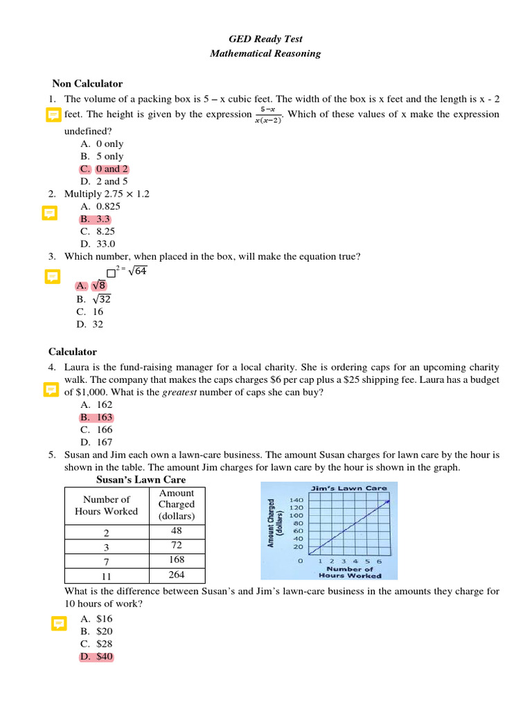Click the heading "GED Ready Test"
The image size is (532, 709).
[265, 39]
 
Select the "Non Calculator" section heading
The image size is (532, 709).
[85, 84]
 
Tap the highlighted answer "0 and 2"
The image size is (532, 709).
[111, 169]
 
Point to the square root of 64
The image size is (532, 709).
[137, 271]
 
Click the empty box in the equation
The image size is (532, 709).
[111, 273]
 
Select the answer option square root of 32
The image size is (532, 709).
[100, 299]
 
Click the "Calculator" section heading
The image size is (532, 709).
[73, 352]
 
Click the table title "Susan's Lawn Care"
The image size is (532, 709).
[141, 480]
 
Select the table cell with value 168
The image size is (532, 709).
[176, 559]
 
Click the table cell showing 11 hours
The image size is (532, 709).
[106, 576]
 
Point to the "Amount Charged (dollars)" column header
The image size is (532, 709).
[176, 505]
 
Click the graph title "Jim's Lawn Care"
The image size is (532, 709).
[349, 488]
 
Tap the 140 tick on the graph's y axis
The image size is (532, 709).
[296, 500]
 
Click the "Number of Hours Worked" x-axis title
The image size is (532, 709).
[350, 572]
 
